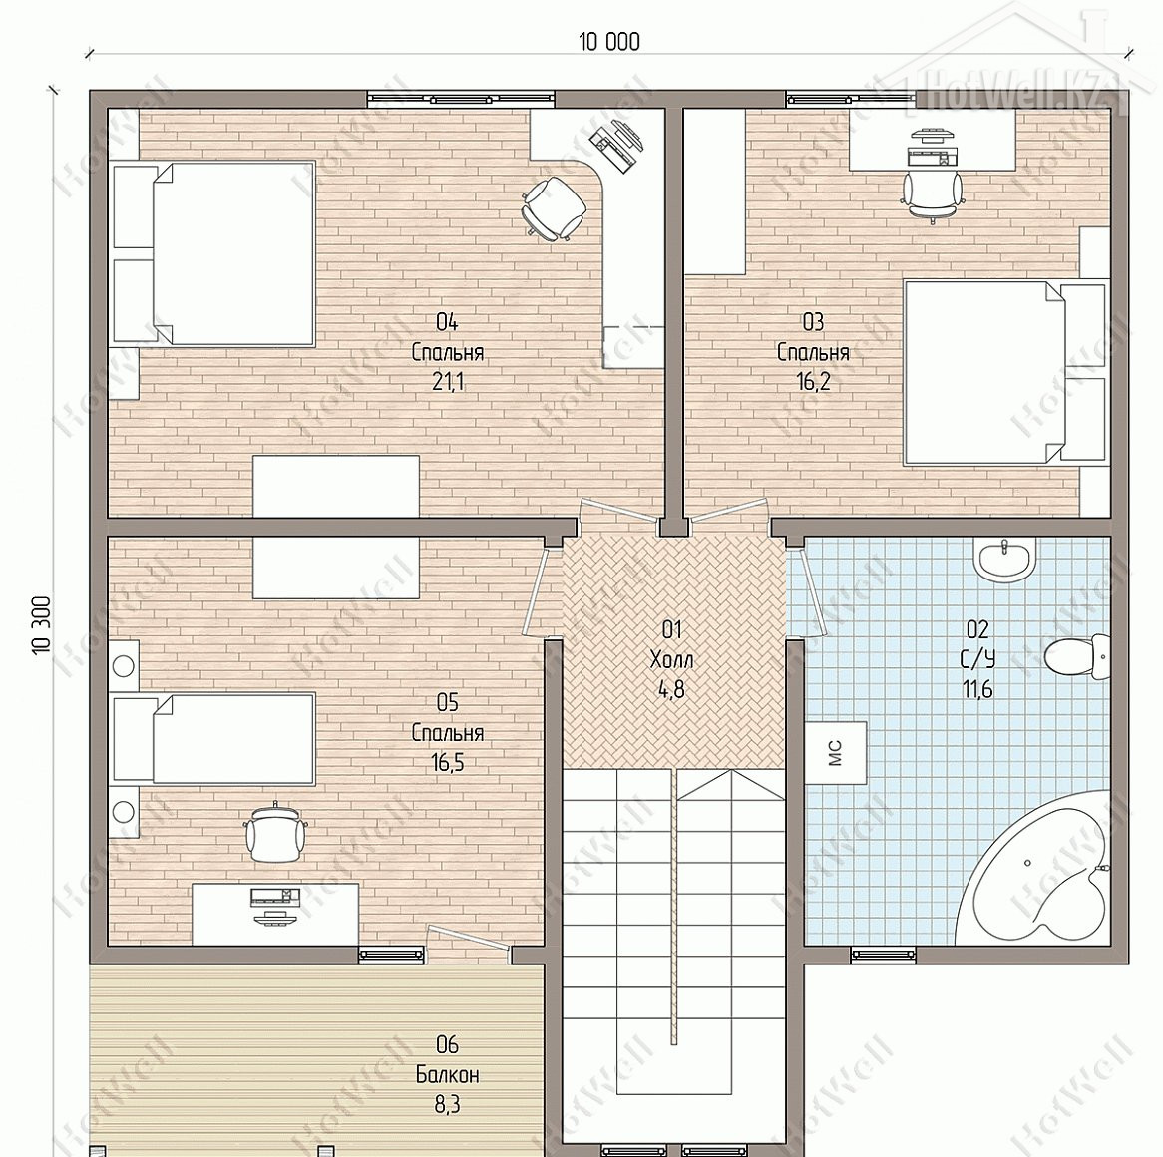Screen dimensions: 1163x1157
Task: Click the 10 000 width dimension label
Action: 609,42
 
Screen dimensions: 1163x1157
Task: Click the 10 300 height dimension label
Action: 42,624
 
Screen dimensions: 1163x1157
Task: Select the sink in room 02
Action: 1005,559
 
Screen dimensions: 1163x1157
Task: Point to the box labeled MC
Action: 836,753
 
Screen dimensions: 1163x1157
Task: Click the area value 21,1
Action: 448,382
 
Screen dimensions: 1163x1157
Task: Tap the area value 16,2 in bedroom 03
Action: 813,382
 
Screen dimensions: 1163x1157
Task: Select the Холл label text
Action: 671,659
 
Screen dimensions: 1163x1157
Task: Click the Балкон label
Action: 447,1074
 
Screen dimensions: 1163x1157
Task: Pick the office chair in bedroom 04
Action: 553,207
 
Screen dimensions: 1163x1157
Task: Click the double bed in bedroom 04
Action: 213,253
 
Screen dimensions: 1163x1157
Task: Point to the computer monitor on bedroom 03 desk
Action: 932,136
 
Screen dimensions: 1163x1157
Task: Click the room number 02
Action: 977,629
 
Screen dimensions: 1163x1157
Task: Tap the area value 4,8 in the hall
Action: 671,690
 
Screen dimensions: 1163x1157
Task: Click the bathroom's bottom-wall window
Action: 883,955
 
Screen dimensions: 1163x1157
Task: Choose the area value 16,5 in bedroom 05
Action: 447,762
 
